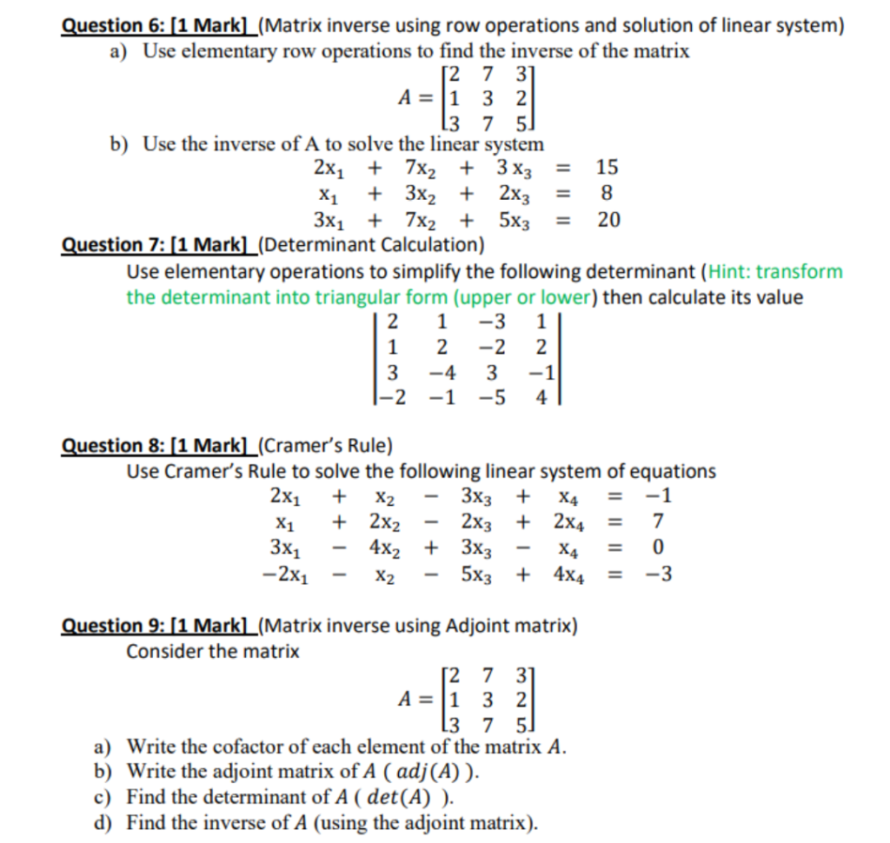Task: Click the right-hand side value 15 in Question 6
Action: pyautogui.click(x=608, y=167)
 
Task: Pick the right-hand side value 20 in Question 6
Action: pyautogui.click(x=608, y=220)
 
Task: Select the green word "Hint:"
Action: pyautogui.click(x=730, y=271)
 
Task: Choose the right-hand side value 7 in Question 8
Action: pyautogui.click(x=658, y=523)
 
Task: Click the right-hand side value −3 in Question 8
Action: pyautogui.click(x=656, y=574)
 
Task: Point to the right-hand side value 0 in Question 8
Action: pyautogui.click(x=658, y=548)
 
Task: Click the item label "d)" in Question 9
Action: pyautogui.click(x=103, y=822)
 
